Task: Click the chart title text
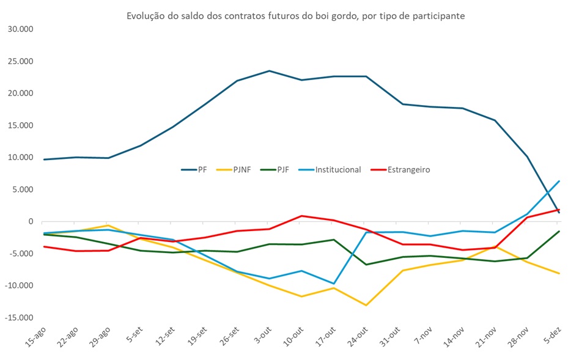[295, 16]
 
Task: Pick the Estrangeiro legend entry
[408, 169]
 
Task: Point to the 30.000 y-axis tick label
[21, 29]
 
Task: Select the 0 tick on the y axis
[30, 222]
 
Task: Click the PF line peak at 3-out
[269, 71]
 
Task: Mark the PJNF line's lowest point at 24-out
[366, 305]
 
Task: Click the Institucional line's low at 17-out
[334, 284]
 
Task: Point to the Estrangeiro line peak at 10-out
[301, 216]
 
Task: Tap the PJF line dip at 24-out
[366, 265]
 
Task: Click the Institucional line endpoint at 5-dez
[559, 181]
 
